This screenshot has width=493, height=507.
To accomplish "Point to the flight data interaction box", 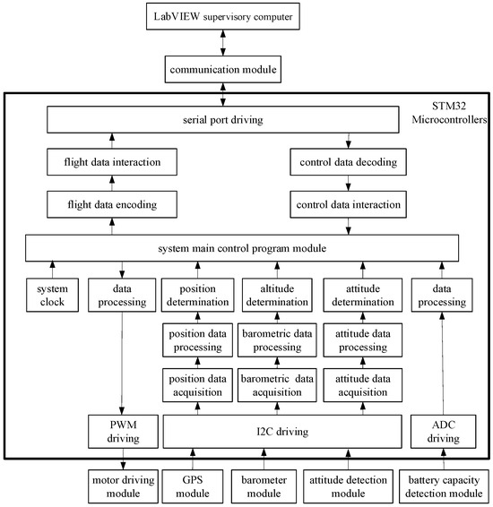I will [112, 162].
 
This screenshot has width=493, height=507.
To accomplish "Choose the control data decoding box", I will [349, 162].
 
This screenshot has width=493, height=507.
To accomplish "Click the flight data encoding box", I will [112, 204].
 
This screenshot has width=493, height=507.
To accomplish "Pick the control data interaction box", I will [349, 204].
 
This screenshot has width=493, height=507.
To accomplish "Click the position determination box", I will [196, 296].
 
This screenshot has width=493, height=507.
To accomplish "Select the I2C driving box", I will [277, 433].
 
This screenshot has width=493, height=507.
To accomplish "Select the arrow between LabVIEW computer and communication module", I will [245, 42].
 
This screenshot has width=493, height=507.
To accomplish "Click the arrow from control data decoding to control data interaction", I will [349, 184].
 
